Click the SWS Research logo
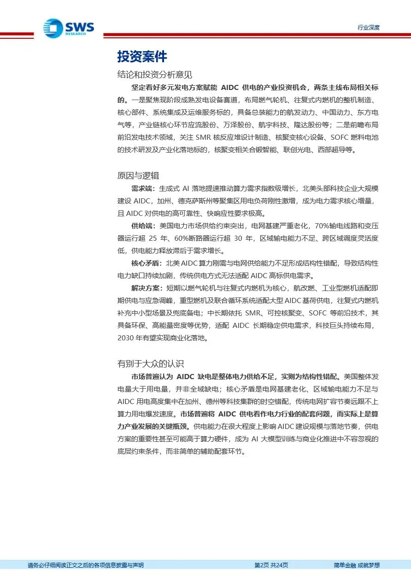tap(69, 28)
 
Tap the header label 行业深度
tap(368, 28)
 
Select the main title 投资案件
tap(142, 57)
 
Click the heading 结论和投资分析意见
tap(155, 74)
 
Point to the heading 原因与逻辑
tap(138, 175)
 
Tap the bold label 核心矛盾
tap(146, 263)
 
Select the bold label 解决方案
tap(146, 288)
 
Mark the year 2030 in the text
tap(126, 338)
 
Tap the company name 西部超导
tap(324, 149)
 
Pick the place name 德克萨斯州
tap(194, 201)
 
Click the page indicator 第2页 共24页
tap(271, 565)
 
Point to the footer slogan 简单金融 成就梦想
tap(356, 565)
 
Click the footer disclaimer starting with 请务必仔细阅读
tap(86, 565)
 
